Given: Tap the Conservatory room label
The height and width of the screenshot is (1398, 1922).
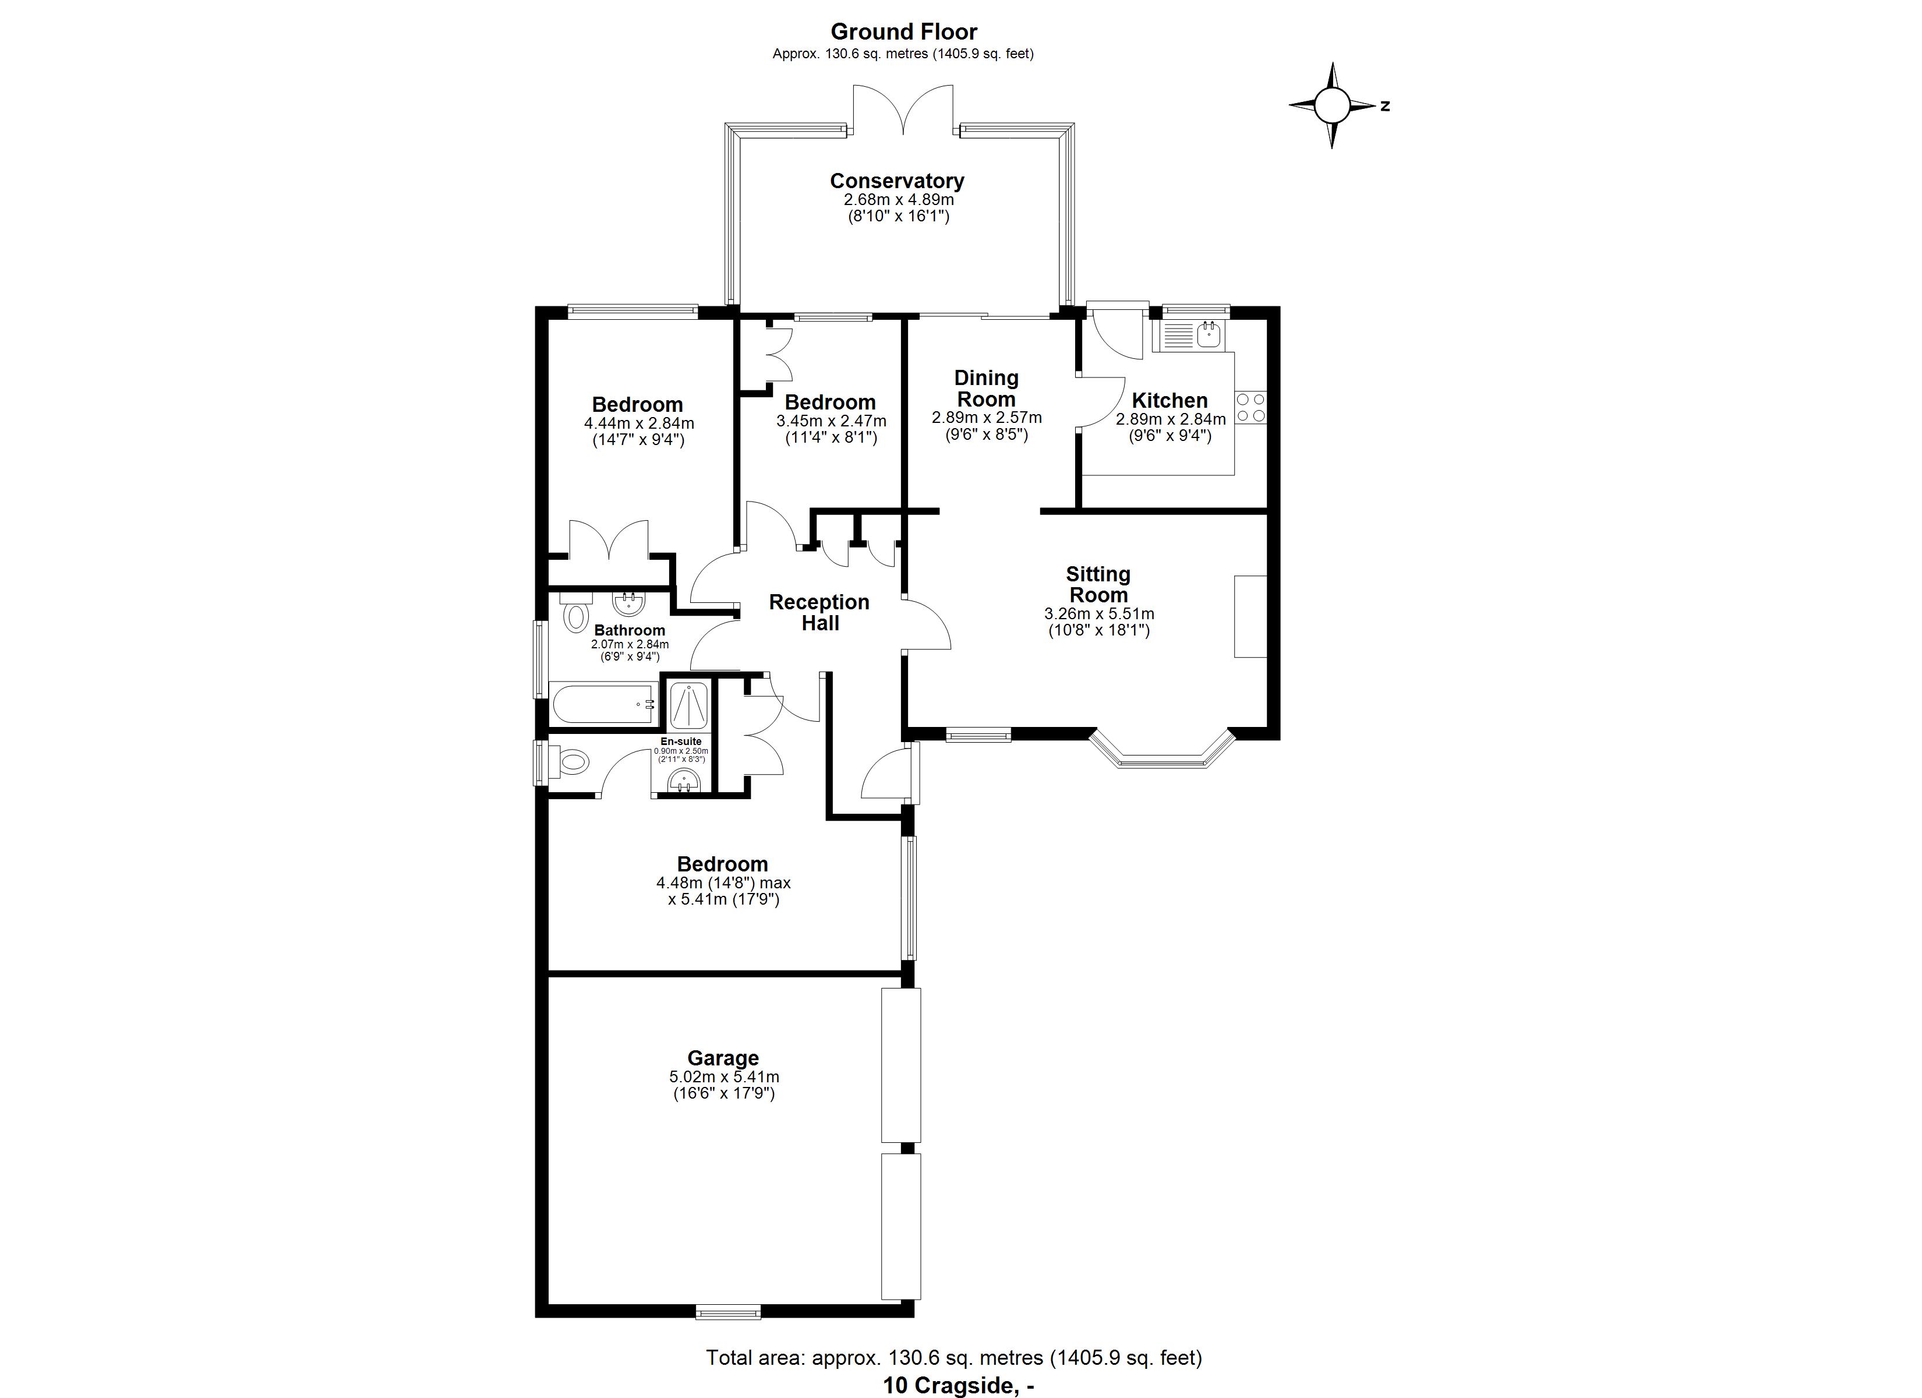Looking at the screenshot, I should coord(896,181).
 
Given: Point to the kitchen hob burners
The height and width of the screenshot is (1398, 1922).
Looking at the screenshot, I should coord(1251,408).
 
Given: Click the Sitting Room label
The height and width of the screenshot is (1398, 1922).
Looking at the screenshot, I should coord(1098,584).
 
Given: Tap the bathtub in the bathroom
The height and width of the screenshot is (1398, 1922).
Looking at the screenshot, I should coord(604,704).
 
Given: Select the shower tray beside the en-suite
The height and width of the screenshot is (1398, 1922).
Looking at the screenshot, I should coord(687,704).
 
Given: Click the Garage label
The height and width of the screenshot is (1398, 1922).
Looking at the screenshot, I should coord(723,1058).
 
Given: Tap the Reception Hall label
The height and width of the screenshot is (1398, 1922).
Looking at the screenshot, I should coord(819,612).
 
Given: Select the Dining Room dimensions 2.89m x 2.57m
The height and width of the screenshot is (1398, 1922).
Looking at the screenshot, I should coord(987,418).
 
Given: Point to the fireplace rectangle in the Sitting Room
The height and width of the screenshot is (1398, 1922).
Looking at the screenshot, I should coord(1250,616).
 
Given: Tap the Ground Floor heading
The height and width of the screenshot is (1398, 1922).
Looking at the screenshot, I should coord(903,32).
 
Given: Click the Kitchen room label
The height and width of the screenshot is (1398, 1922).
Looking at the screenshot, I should coord(1170,400).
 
